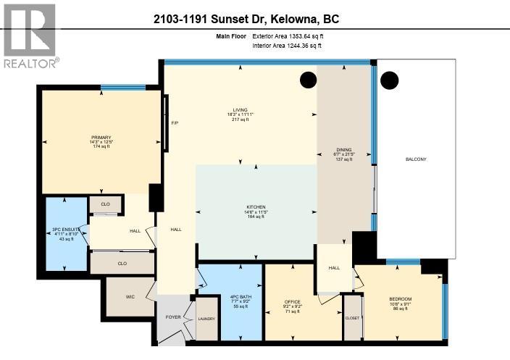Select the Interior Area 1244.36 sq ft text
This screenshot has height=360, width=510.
pos(287,46)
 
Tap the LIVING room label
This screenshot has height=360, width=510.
pos(239,109)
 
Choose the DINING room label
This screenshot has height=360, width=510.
pos(344,150)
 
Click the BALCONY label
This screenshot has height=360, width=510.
pos(416,159)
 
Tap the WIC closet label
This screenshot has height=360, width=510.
pos(130,296)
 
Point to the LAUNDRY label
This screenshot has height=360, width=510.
pos(206,319)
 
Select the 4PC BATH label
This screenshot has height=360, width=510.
pos(240,297)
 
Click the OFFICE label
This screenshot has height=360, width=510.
pos(292,302)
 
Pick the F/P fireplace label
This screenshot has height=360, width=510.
pos(174,123)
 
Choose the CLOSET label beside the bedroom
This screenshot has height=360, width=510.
pos(352,317)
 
